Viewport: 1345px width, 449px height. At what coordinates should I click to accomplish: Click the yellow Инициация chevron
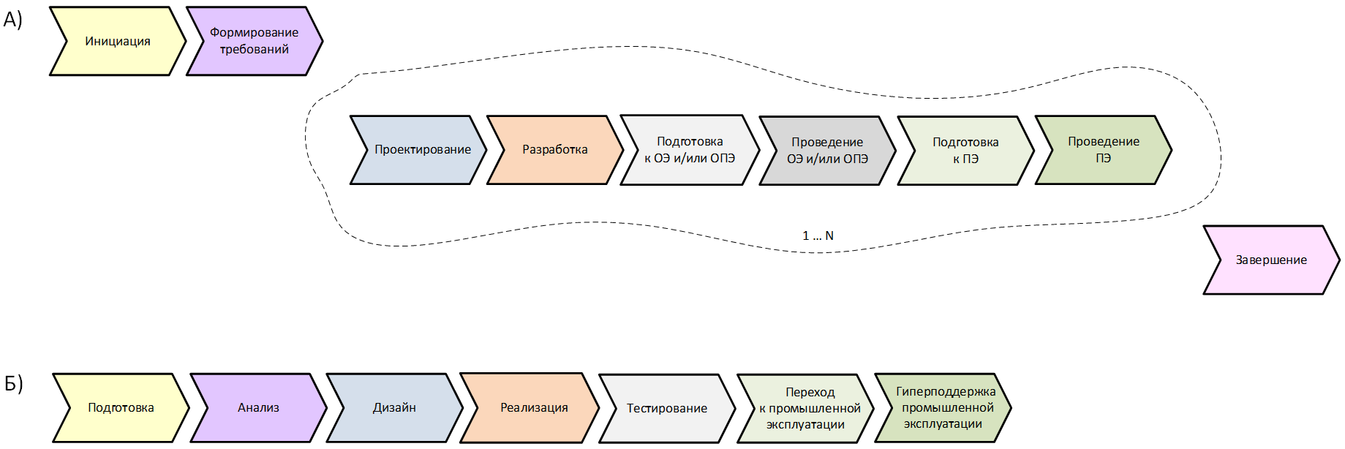(117, 42)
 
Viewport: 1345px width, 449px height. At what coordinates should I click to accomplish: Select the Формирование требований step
(254, 41)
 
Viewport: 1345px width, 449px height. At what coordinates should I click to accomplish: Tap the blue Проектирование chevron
(422, 150)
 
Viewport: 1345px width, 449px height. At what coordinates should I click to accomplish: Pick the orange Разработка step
(554, 150)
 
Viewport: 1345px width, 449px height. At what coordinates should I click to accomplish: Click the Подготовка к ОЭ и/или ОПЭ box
(689, 150)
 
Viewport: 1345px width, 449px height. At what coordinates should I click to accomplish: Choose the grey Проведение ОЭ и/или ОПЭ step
(827, 151)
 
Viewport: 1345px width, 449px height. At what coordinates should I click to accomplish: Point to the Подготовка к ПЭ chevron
(965, 151)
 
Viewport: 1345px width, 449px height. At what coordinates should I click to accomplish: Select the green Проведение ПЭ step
(1103, 150)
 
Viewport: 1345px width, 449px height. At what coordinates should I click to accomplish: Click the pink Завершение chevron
(1270, 260)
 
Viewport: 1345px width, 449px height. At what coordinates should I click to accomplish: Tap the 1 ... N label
(818, 235)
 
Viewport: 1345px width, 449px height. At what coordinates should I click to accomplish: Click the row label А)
(13, 20)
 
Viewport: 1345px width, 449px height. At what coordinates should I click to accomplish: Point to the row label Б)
(14, 383)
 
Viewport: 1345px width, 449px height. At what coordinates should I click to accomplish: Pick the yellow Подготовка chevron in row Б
(121, 408)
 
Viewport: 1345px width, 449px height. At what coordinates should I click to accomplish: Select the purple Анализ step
(258, 408)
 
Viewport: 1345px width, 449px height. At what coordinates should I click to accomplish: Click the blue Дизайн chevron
(394, 408)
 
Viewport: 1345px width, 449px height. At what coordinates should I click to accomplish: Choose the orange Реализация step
(534, 408)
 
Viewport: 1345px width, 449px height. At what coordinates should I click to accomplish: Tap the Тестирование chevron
(666, 409)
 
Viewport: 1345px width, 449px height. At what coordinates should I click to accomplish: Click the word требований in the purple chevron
(254, 50)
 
